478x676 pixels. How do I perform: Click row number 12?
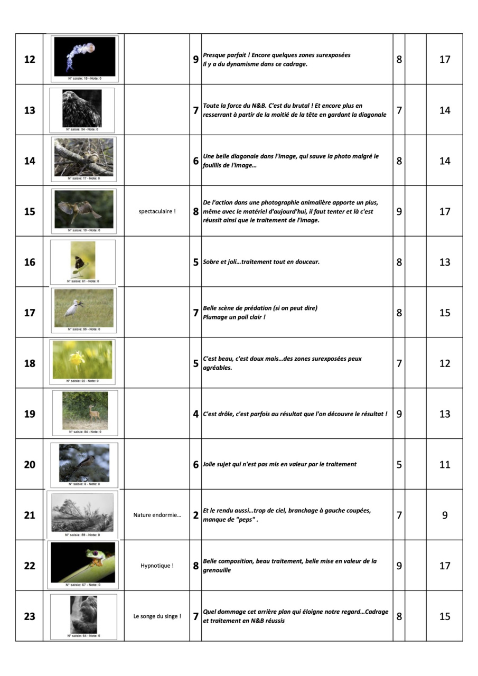[x=30, y=59]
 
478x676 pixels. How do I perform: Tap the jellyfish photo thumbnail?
[x=85, y=56]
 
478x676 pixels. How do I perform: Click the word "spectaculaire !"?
[x=157, y=211]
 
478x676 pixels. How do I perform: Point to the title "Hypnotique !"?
[x=157, y=566]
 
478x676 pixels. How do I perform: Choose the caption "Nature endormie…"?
[x=157, y=515]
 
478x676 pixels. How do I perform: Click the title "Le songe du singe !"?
[x=157, y=616]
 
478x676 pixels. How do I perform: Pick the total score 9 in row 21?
[x=445, y=515]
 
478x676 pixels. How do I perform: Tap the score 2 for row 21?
[x=195, y=515]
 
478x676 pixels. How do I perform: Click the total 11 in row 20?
[x=445, y=464]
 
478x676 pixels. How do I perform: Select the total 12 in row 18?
[x=445, y=363]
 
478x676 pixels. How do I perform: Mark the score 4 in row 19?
[x=195, y=414]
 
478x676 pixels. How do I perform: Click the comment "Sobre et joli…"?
[x=261, y=262]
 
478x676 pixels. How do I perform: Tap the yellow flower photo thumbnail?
[x=82, y=360]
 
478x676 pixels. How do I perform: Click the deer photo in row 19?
[x=85, y=410]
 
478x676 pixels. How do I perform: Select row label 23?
[x=30, y=616]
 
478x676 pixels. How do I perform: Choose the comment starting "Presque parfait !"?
[x=276, y=55]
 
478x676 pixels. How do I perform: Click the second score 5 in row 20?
[x=399, y=464]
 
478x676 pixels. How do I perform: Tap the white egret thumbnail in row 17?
[x=83, y=308]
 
